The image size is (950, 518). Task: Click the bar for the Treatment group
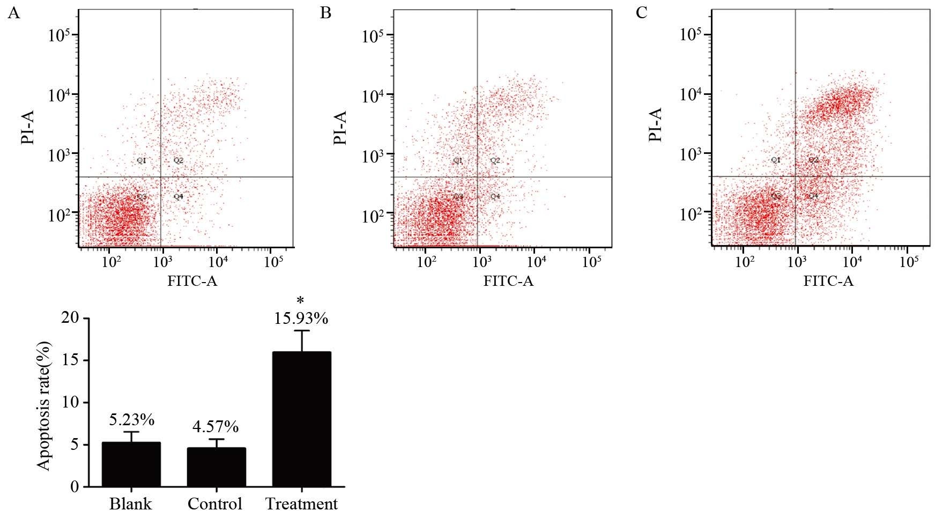point(301,419)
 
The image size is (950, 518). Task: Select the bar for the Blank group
point(131,464)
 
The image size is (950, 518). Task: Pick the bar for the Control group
point(216,467)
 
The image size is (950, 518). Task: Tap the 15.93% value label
point(301,319)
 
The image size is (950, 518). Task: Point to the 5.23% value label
point(131,419)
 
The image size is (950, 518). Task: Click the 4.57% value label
point(216,427)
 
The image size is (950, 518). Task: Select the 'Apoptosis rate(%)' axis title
point(44,405)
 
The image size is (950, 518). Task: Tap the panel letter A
point(13,13)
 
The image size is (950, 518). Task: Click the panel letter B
point(325,13)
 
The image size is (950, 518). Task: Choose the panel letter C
point(641,13)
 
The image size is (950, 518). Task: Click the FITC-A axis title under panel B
point(508,281)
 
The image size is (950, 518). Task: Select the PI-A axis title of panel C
point(655,124)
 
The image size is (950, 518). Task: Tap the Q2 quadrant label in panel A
point(179,160)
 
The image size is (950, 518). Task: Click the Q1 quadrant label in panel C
point(776,160)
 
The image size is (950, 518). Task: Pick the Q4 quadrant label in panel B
point(495,197)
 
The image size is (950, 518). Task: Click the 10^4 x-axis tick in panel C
point(852,262)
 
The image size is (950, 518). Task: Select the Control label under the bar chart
point(215,504)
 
